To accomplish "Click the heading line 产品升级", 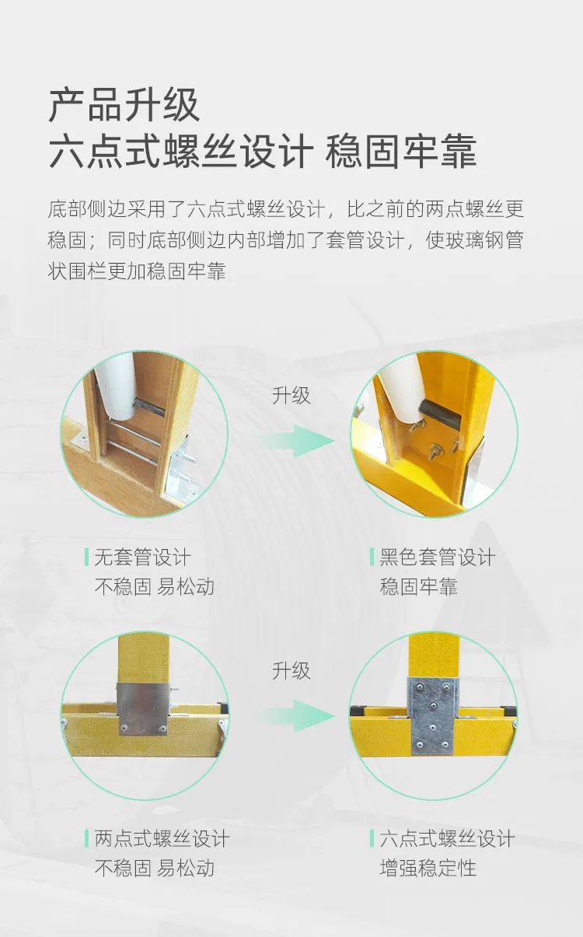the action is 124,105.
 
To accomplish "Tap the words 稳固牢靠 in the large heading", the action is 401,151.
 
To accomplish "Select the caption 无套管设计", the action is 142,558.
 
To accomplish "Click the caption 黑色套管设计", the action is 437,558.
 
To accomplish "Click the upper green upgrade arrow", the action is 298,440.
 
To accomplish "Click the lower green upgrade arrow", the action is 298,717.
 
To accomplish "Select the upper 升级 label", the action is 291,395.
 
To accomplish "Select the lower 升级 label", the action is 291,671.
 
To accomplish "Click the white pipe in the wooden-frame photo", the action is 115,387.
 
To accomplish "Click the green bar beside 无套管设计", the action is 86,557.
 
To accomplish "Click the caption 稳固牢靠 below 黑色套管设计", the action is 418,586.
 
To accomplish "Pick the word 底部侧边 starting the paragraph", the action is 87,208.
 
